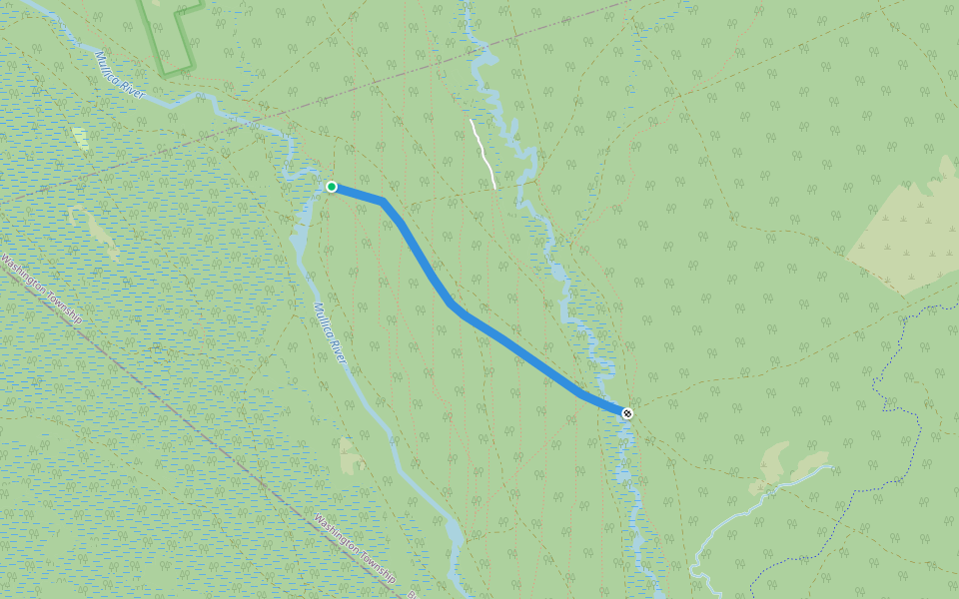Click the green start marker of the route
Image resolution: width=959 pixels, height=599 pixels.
pos(332,187)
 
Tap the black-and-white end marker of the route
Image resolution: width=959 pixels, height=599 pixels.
pos(626,412)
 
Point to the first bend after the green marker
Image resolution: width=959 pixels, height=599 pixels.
pos(383,202)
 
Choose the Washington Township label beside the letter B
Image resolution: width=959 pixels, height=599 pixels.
pos(354,549)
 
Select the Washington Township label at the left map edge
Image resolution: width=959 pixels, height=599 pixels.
pos(40,290)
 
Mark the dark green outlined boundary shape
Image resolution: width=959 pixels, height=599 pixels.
pos(170,40)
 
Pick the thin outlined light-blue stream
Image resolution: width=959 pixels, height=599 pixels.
pos(729,519)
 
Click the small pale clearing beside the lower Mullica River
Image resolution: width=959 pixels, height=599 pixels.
pos(351,454)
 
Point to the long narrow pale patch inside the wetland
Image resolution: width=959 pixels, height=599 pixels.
pos(101,235)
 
